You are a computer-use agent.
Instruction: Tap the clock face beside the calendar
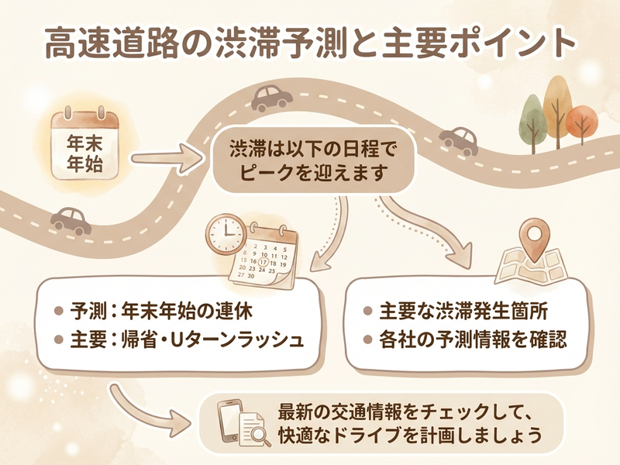(226, 232)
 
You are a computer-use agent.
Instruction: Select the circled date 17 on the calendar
(264, 261)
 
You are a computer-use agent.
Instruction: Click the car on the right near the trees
(458, 140)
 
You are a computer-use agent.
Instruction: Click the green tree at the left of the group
(532, 116)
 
